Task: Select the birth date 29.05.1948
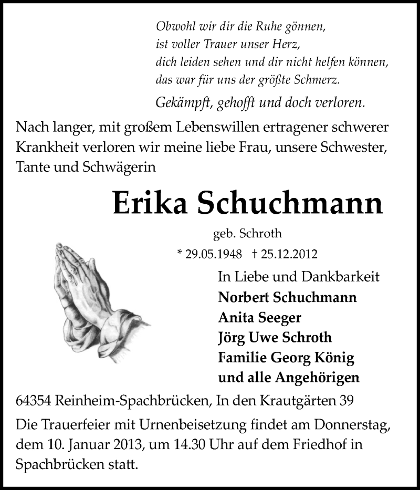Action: (x=209, y=254)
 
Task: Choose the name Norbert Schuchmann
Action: (x=287, y=297)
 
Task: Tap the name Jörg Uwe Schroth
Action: (x=274, y=337)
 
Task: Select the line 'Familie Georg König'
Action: (x=286, y=358)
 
